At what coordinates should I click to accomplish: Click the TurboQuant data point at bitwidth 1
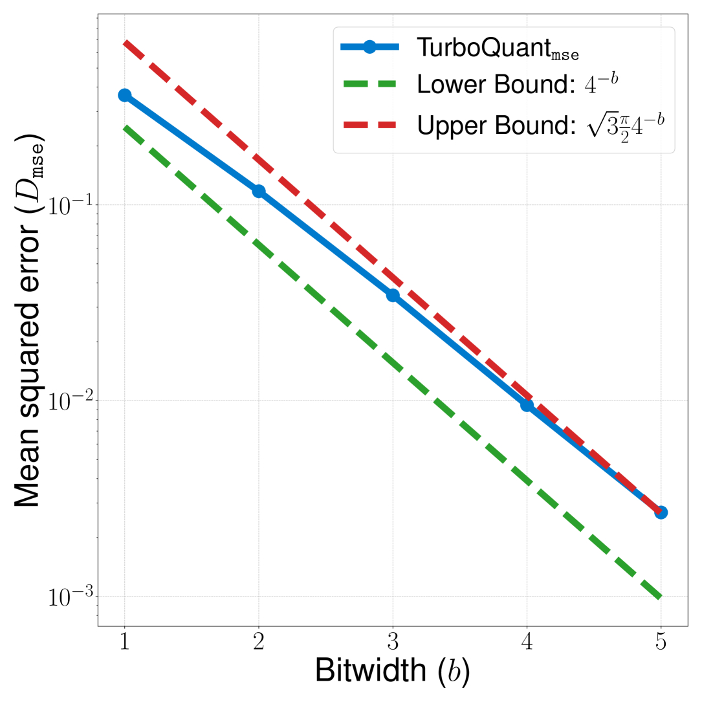[124, 95]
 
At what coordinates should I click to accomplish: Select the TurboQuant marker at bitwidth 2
[259, 192]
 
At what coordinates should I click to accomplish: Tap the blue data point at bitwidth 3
[393, 295]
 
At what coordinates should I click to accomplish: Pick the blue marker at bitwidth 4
[527, 405]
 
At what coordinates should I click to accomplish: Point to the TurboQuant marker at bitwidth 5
[661, 512]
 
